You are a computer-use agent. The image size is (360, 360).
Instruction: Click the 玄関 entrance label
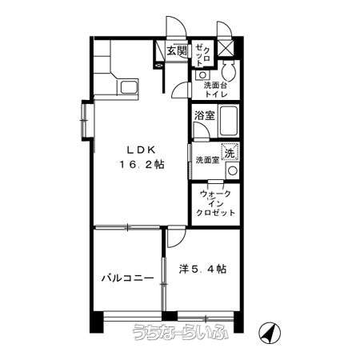click(177, 50)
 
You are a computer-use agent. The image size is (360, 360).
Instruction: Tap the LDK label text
click(141, 150)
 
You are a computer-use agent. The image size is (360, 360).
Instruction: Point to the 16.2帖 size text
click(142, 164)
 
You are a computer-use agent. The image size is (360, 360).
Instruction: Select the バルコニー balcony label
click(128, 278)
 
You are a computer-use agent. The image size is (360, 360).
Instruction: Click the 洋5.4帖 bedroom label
click(203, 269)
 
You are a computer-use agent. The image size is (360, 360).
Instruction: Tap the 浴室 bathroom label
click(205, 115)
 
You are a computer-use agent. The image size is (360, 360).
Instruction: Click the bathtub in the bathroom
click(228, 121)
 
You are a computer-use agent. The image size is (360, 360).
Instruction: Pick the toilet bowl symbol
click(229, 70)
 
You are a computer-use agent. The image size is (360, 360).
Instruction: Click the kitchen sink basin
click(130, 87)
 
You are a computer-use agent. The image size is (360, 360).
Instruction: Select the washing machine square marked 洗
click(230, 152)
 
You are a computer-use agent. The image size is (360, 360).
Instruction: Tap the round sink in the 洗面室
click(232, 170)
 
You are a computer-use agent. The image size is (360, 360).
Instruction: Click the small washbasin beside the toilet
click(202, 75)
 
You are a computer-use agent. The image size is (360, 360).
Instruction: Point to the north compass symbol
click(270, 333)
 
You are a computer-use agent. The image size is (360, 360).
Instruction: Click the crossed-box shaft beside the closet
click(226, 48)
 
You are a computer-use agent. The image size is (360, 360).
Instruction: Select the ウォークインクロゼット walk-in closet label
click(215, 203)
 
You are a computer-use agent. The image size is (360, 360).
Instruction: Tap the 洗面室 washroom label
click(207, 160)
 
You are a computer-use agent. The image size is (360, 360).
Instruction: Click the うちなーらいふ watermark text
click(181, 332)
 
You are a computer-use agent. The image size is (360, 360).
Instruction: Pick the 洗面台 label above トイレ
click(215, 86)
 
